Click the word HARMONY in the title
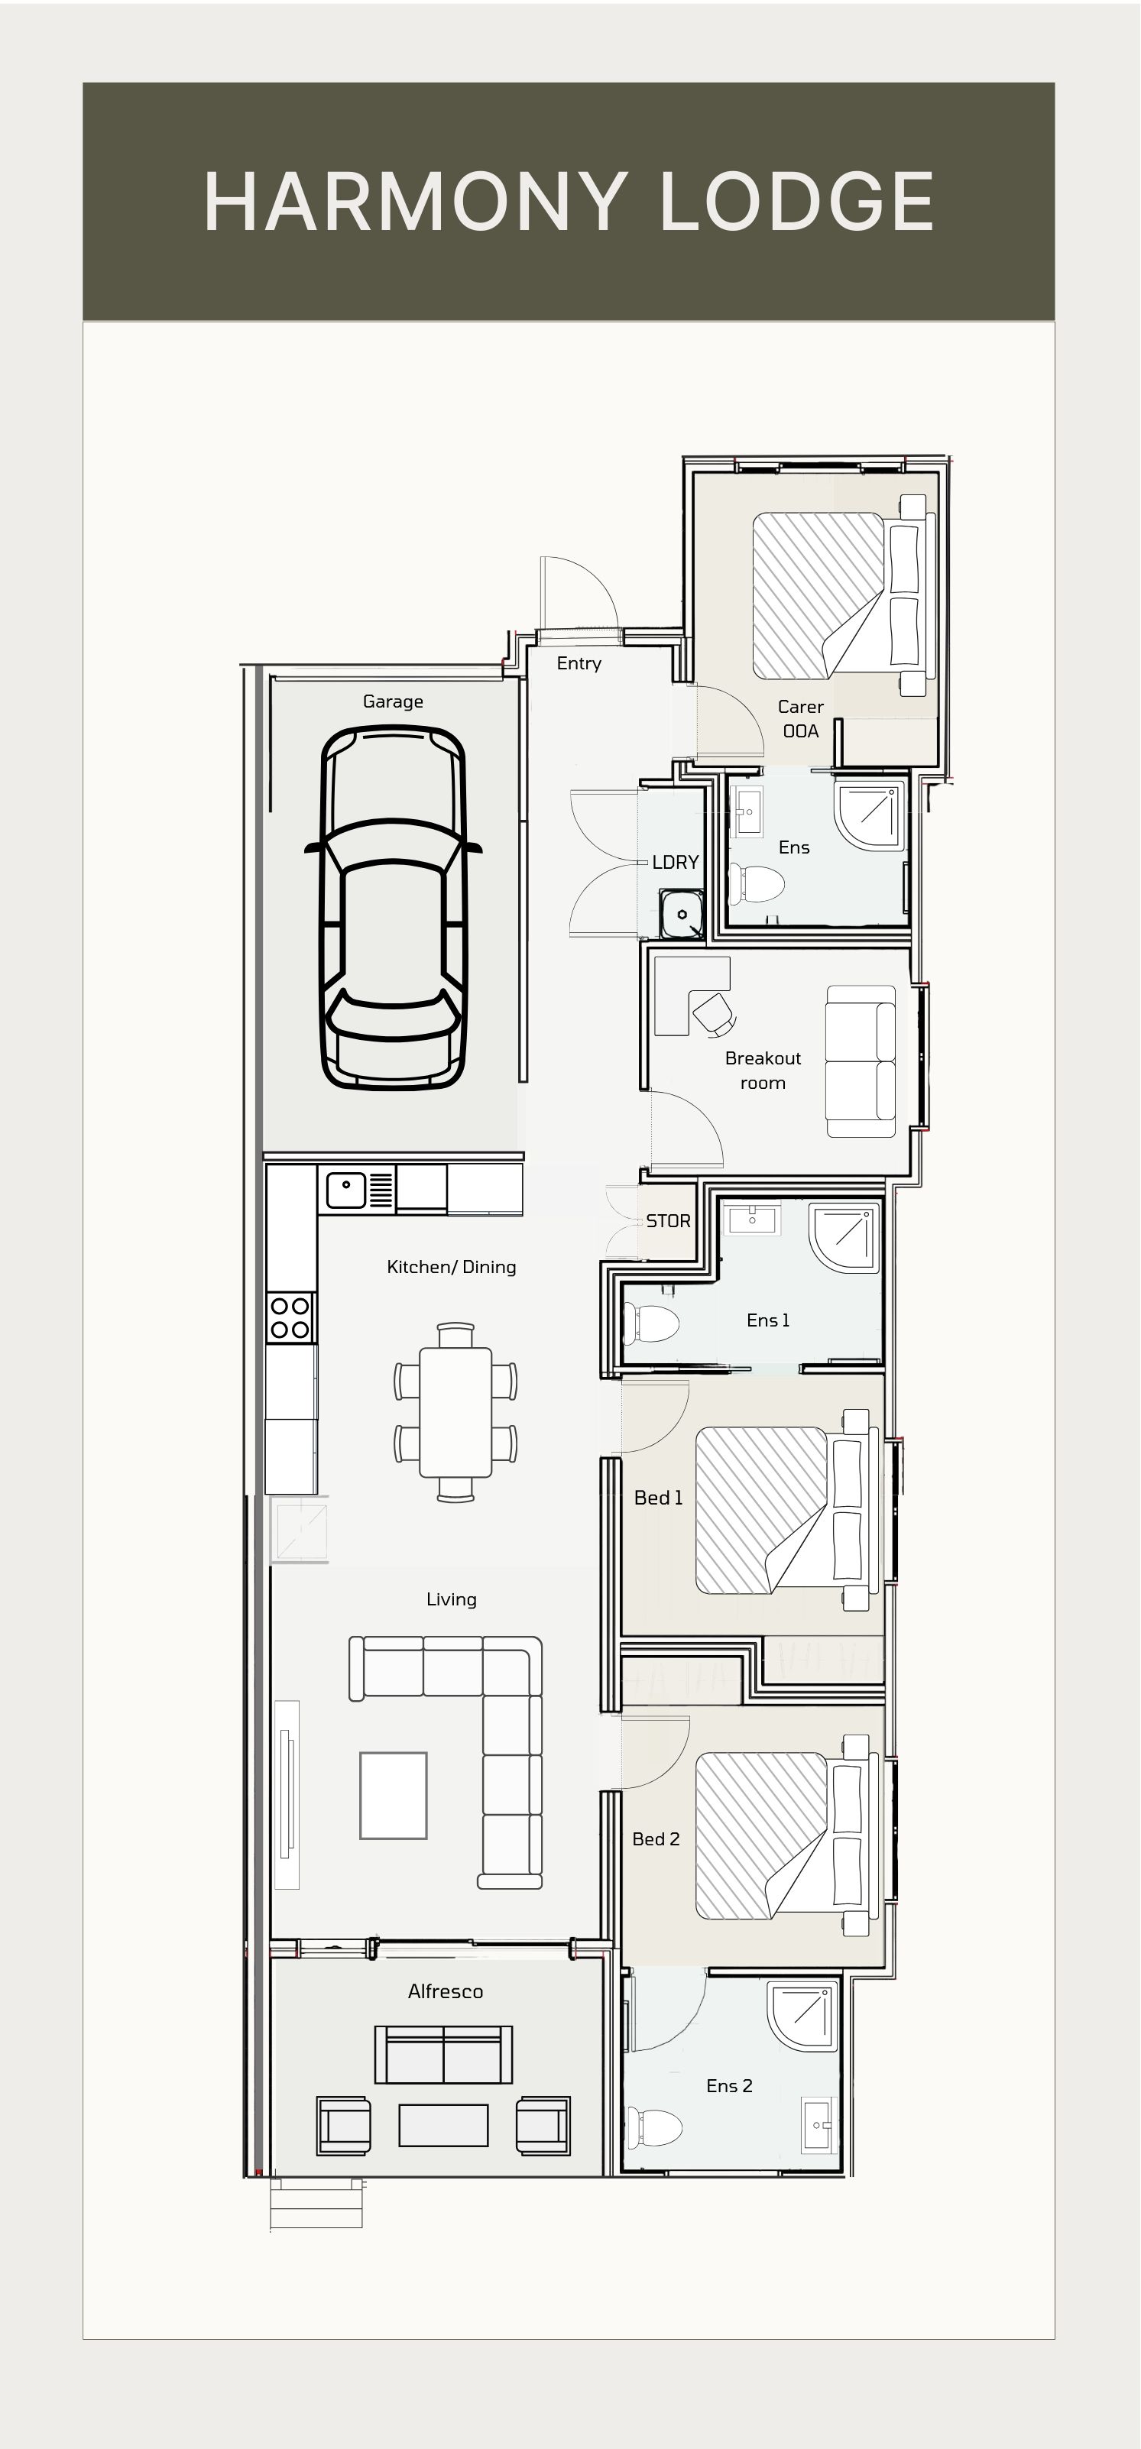413,202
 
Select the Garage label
393,701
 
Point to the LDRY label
675,862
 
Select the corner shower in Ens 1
844,1237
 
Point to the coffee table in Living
393,1795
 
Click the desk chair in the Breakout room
713,1012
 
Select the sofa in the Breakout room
860,1061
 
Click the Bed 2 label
655,1838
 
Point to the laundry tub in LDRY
681,914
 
